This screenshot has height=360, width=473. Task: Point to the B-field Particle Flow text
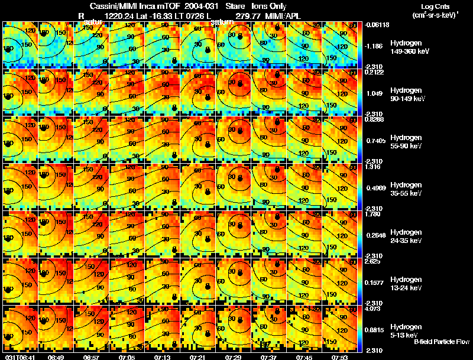tap(442, 342)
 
